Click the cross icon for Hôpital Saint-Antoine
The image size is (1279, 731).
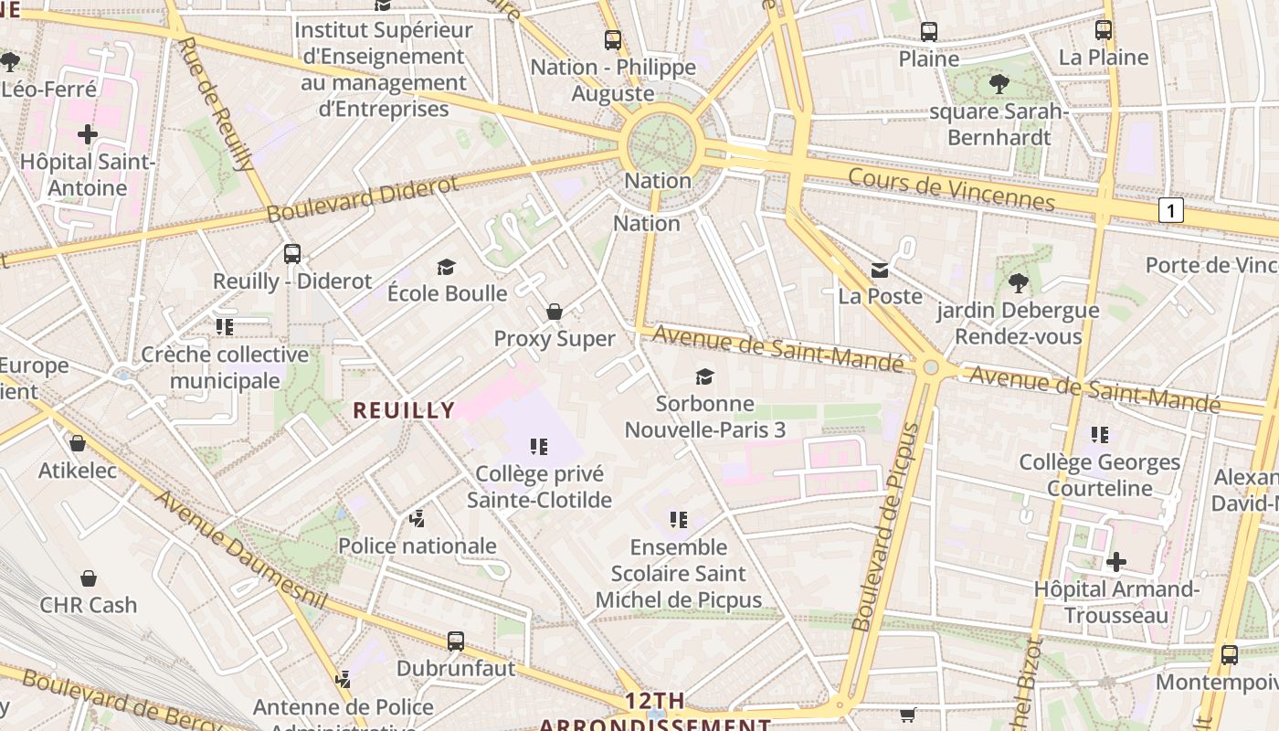(88, 135)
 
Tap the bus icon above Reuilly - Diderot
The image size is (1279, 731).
(292, 254)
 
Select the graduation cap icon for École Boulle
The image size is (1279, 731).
(446, 267)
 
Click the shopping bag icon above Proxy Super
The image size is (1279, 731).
(554, 313)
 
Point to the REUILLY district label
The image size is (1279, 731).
(404, 410)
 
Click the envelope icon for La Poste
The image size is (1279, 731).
(880, 270)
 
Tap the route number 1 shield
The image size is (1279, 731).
(1170, 211)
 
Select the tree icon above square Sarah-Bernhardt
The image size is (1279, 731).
(999, 85)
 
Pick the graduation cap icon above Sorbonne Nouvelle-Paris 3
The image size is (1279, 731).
(704, 376)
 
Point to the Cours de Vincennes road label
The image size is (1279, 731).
(951, 189)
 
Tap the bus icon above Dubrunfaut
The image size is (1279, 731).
(456, 641)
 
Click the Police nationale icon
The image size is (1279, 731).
(418, 520)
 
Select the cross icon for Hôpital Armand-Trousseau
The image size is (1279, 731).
(1115, 562)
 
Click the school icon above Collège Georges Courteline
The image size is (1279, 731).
(1100, 435)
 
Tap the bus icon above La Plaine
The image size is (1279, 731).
(1104, 30)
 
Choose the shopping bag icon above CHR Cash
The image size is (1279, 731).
(89, 578)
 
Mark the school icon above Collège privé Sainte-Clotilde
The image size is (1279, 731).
(539, 447)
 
